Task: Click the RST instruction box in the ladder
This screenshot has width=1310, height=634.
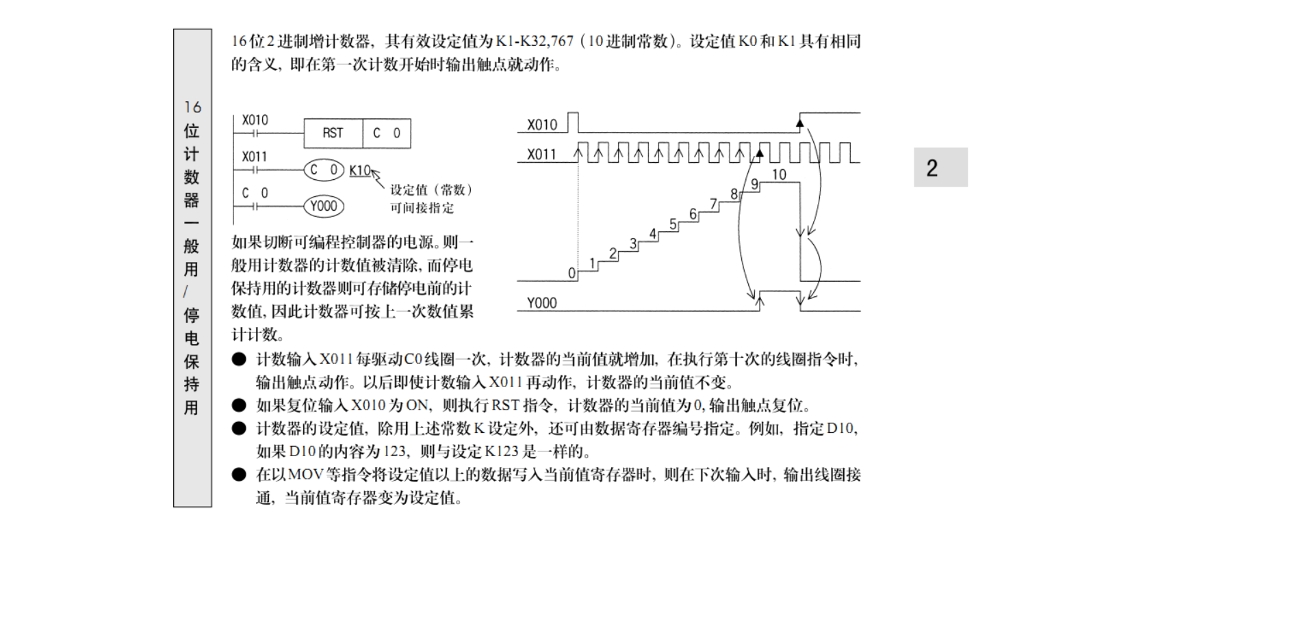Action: coord(333,133)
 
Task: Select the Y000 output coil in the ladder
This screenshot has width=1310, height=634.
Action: coord(324,206)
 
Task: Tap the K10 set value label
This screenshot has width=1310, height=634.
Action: coord(359,170)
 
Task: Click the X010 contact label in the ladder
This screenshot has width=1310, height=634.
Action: coord(255,120)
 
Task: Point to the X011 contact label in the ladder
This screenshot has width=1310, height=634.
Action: coord(255,157)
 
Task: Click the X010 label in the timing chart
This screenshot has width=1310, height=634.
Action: coord(542,125)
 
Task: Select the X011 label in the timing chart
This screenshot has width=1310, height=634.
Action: coord(541,155)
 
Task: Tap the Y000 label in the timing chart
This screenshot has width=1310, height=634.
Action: coord(541,303)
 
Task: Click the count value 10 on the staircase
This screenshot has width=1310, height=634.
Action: coord(779,174)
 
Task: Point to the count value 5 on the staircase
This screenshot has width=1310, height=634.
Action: coord(673,224)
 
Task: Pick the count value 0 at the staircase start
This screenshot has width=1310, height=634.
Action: coord(571,273)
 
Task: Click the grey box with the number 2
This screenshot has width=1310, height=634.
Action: coord(940,168)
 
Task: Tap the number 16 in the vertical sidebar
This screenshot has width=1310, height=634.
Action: coord(192,107)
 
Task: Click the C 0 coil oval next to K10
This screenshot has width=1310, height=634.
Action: coord(324,170)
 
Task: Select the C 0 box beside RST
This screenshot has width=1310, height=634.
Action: coord(387,133)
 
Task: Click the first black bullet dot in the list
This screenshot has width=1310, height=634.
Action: coord(239,359)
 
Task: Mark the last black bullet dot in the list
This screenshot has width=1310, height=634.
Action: coord(239,475)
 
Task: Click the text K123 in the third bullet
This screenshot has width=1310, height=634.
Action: coord(502,451)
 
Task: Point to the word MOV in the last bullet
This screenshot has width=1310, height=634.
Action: coord(305,475)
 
